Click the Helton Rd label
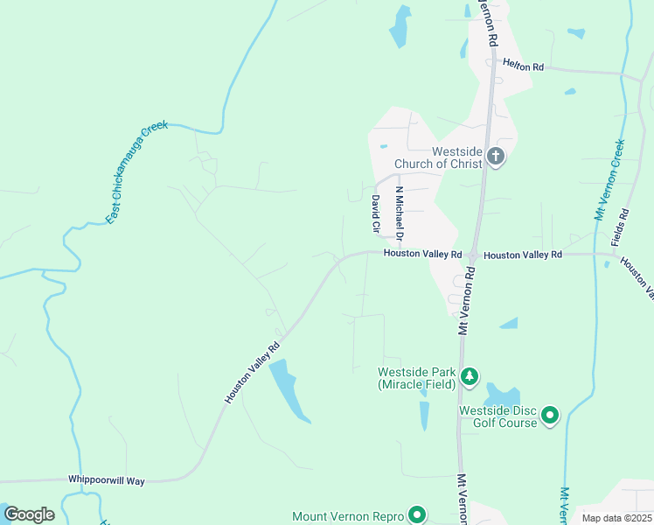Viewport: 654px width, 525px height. [x=523, y=66]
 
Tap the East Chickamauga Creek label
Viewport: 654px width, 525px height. [x=137, y=172]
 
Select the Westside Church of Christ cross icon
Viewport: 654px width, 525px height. [x=495, y=157]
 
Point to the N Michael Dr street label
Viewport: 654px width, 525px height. [x=399, y=213]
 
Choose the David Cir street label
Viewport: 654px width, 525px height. [x=376, y=214]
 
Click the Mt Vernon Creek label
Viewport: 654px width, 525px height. [x=609, y=179]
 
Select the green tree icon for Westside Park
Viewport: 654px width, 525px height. [x=470, y=376]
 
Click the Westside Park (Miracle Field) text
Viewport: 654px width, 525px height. [x=416, y=377]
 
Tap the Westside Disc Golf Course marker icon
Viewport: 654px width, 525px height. [x=549, y=415]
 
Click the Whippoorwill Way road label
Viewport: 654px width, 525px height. [x=106, y=480]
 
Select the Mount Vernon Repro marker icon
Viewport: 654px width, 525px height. [x=417, y=515]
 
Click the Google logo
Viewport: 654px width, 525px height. [x=29, y=514]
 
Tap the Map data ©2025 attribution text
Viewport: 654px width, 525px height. [x=616, y=518]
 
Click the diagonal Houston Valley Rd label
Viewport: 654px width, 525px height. [x=253, y=372]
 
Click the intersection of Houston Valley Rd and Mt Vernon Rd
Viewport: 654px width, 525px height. [x=470, y=255]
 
